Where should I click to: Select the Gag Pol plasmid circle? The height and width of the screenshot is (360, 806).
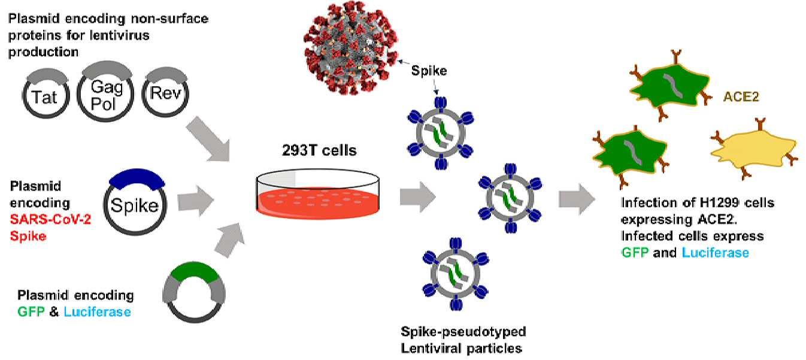105,119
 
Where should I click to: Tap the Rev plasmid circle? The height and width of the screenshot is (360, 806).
165,114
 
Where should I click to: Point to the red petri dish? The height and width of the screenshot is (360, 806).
318,195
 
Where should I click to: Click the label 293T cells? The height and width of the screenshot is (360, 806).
319,150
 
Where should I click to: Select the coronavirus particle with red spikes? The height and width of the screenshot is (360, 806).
350,47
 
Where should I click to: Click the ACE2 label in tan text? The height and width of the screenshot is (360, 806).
741,96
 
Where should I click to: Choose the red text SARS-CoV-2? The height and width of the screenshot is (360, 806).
50,219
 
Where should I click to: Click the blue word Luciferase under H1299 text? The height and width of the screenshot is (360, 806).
716,253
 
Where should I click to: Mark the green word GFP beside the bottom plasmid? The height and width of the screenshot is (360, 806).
31,311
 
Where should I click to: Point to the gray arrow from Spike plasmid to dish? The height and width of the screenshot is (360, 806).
196,201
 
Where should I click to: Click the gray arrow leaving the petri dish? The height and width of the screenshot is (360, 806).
418,197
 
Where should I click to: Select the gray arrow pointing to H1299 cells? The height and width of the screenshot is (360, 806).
577,199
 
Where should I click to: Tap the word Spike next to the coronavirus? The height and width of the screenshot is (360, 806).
429,71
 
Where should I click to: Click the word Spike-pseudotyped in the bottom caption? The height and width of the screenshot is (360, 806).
463,332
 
